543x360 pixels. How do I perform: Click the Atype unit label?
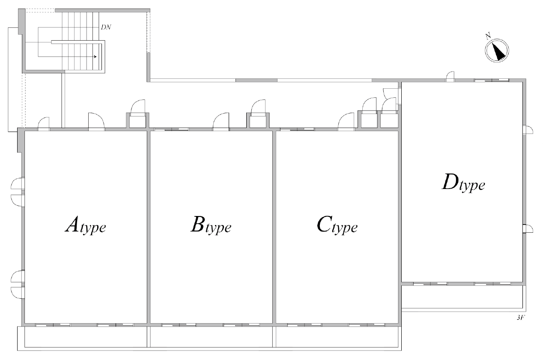point(86,225)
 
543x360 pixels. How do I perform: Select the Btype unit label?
point(211,225)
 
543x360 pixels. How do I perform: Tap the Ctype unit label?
point(337,225)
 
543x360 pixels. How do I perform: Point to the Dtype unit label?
point(463,183)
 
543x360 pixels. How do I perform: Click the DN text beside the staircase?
point(106,27)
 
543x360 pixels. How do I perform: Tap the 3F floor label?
point(521,318)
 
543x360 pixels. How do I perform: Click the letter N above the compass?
point(488,36)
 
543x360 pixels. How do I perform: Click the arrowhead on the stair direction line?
point(95,57)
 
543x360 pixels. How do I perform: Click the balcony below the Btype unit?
point(211,337)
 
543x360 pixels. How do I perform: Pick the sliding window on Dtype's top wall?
point(492,80)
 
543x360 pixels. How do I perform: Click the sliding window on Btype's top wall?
point(172,129)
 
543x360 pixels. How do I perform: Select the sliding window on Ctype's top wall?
point(297,129)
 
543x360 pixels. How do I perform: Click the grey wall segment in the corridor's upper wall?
point(257,80)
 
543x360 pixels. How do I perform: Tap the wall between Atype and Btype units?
point(149,227)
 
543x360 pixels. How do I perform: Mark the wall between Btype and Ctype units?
point(274,227)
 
